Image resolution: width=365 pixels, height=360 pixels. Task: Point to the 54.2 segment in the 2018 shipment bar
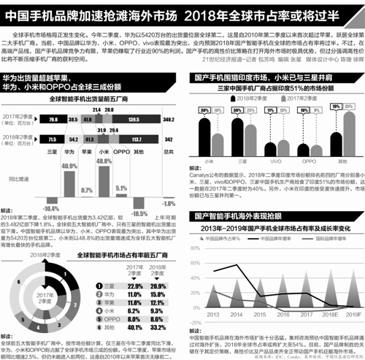pos(72,137)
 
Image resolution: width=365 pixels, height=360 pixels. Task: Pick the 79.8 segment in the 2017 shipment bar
pos(53,117)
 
